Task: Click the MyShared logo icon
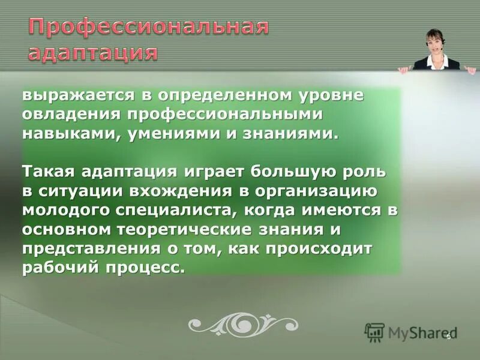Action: click(374, 332)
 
